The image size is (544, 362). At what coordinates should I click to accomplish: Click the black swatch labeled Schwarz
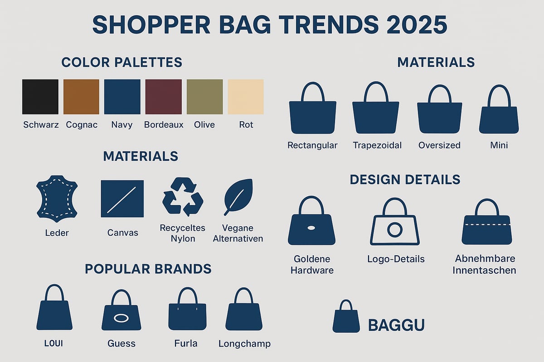point(40,96)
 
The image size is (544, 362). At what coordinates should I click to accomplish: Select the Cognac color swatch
point(81,96)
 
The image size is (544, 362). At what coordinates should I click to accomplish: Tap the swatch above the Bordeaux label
point(163,96)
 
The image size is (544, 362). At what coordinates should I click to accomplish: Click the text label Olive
point(204,124)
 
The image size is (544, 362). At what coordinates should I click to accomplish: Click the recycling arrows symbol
point(183,196)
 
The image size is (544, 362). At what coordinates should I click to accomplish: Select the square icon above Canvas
point(122,198)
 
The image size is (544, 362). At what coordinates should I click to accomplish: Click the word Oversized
point(439,145)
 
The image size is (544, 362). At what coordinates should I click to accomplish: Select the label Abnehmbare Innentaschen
point(486,265)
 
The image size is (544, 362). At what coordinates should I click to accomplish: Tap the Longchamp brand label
point(244,343)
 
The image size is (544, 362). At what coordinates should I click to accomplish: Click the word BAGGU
point(396,325)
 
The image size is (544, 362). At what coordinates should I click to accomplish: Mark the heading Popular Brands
point(148,269)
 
